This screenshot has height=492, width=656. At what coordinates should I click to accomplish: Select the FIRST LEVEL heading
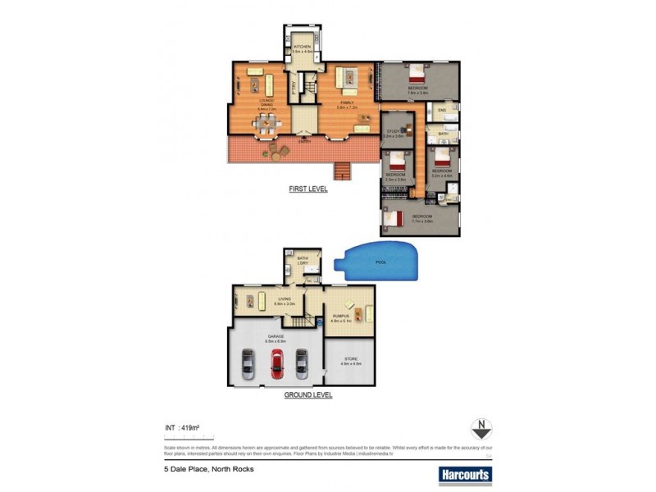(307, 189)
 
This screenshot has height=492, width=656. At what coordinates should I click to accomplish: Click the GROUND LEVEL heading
(307, 394)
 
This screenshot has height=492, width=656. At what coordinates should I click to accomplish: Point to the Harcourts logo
(465, 473)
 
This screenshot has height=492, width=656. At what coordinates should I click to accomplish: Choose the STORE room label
(349, 358)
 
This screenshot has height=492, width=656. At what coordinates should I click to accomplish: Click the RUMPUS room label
(342, 316)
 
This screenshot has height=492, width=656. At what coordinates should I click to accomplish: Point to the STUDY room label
(393, 131)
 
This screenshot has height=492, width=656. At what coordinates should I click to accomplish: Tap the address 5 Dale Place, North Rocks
(208, 469)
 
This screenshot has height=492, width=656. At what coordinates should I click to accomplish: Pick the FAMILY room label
(345, 102)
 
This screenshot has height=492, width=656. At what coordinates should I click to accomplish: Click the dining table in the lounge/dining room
(266, 125)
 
